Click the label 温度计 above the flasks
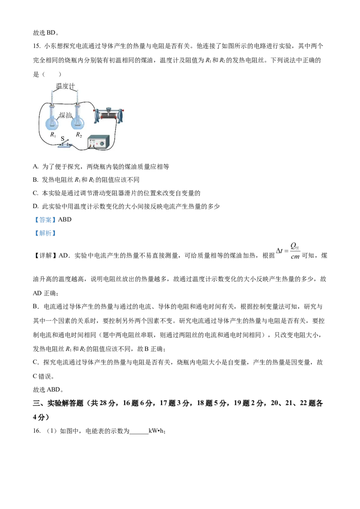[65, 86]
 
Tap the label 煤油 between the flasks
[66, 116]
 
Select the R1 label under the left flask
[53, 135]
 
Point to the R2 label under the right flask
[79, 135]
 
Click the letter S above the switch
[63, 139]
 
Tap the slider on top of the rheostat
[108, 109]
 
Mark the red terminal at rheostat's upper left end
[94, 110]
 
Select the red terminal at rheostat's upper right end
[123, 110]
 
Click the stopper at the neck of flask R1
[53, 107]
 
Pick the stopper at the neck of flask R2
[78, 107]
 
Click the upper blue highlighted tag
[45, 219]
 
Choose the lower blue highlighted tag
[45, 233]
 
